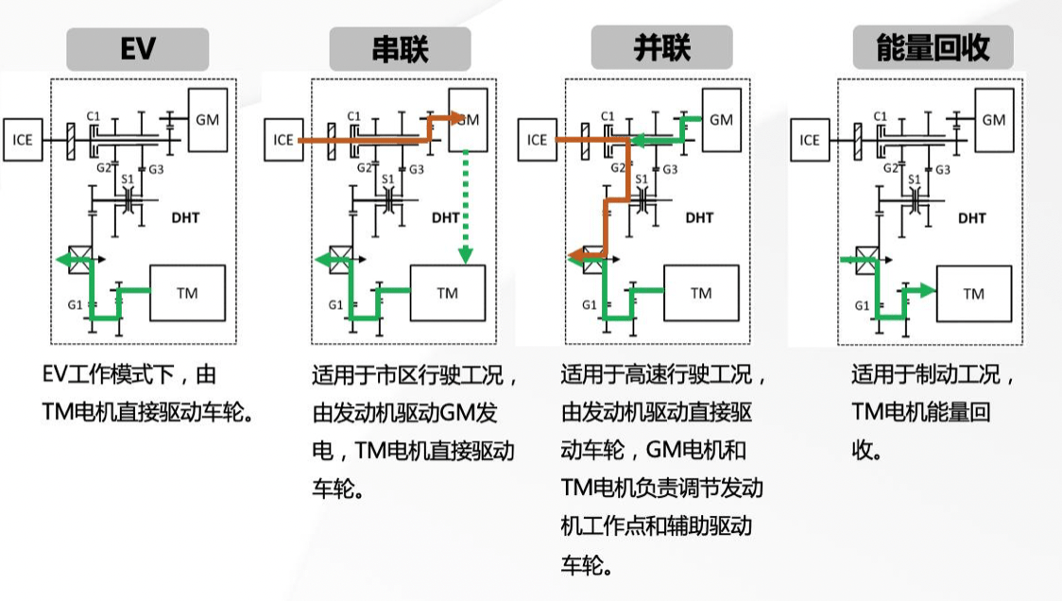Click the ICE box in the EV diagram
pos(23,140)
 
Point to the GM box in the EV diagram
pos(207,120)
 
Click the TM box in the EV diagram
pos(187,293)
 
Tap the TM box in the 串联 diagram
pos(448,293)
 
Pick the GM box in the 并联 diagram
pos(721,120)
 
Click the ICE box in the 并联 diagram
pos(537,140)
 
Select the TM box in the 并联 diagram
pos(701,293)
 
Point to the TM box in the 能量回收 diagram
pos(973,293)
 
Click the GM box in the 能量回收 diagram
pos(994,120)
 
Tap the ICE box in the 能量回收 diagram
pos(810,140)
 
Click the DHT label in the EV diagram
pos(185,217)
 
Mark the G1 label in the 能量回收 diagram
pos(862,305)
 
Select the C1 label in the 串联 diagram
pos(354,116)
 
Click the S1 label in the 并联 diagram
pos(642,179)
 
